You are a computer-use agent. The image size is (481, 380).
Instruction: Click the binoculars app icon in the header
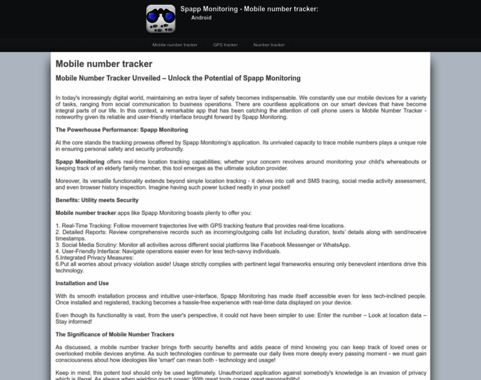pos(161,19)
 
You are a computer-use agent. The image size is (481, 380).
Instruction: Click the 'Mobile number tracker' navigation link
pos(175,45)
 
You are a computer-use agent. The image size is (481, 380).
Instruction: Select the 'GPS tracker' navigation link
pos(225,45)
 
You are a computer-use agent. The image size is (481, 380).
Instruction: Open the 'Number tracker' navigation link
pos(269,45)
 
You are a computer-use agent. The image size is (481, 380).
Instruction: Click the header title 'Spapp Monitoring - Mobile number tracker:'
pos(249,9)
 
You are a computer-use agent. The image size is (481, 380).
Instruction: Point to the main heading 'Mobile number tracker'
pos(104,64)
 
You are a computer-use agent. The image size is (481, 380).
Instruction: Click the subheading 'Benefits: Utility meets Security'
pos(96,200)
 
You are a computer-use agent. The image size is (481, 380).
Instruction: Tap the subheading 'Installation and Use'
pos(82,283)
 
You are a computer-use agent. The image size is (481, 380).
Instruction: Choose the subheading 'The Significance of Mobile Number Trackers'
pos(115,334)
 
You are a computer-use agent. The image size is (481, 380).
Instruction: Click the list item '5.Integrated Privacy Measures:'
pos(95,257)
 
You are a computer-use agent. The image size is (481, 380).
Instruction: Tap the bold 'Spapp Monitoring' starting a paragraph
pos(80,162)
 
